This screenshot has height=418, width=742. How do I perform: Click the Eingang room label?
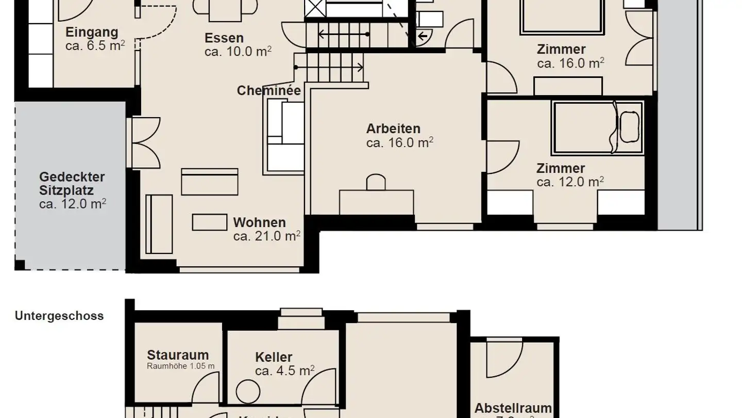92,33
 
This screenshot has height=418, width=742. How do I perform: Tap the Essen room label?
224,38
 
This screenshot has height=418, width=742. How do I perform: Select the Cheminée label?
268,91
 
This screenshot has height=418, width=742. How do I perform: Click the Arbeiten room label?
393,128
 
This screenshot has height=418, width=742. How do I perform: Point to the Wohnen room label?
259,223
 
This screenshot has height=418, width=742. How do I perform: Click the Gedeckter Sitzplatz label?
72,184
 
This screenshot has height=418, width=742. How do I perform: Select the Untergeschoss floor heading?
59,316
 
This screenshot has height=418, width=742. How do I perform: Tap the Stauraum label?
178,355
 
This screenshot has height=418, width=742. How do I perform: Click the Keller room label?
274,357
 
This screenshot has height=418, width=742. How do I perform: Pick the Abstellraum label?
513,408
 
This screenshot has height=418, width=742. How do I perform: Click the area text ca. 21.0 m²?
267,236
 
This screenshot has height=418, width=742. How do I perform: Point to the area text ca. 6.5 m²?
95,45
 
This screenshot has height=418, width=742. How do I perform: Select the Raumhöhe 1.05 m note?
180,366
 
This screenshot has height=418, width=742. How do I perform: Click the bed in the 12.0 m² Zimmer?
598,127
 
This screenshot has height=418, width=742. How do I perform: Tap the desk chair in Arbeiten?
376,183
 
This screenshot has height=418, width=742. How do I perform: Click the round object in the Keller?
248,392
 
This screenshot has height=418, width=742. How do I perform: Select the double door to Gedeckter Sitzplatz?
146,143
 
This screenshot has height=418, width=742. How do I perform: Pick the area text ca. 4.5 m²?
285,371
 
